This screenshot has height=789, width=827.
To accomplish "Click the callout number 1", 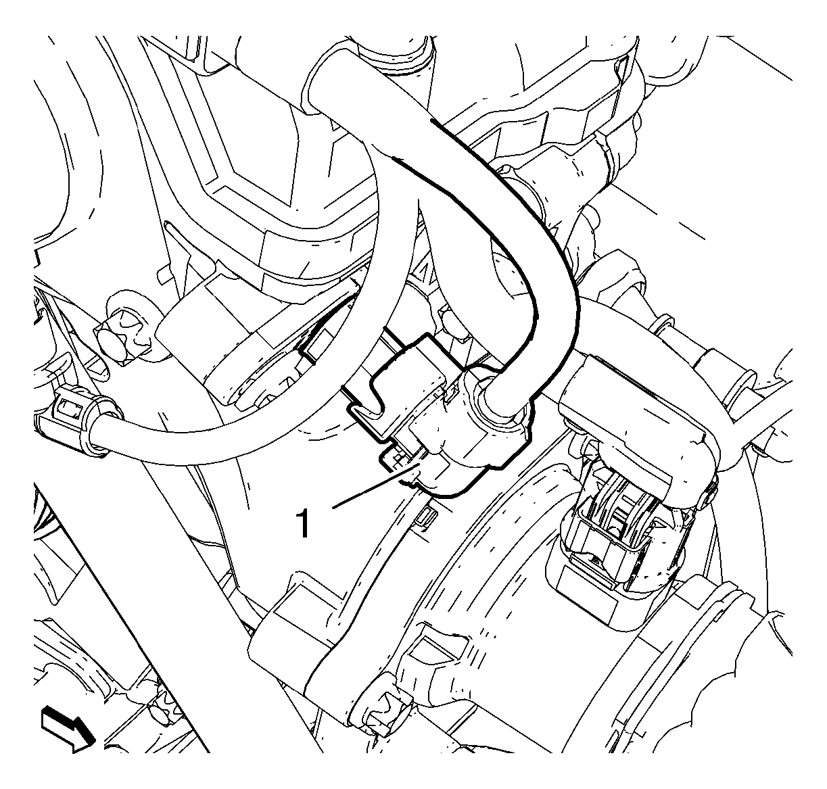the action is pyautogui.click(x=304, y=523).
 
